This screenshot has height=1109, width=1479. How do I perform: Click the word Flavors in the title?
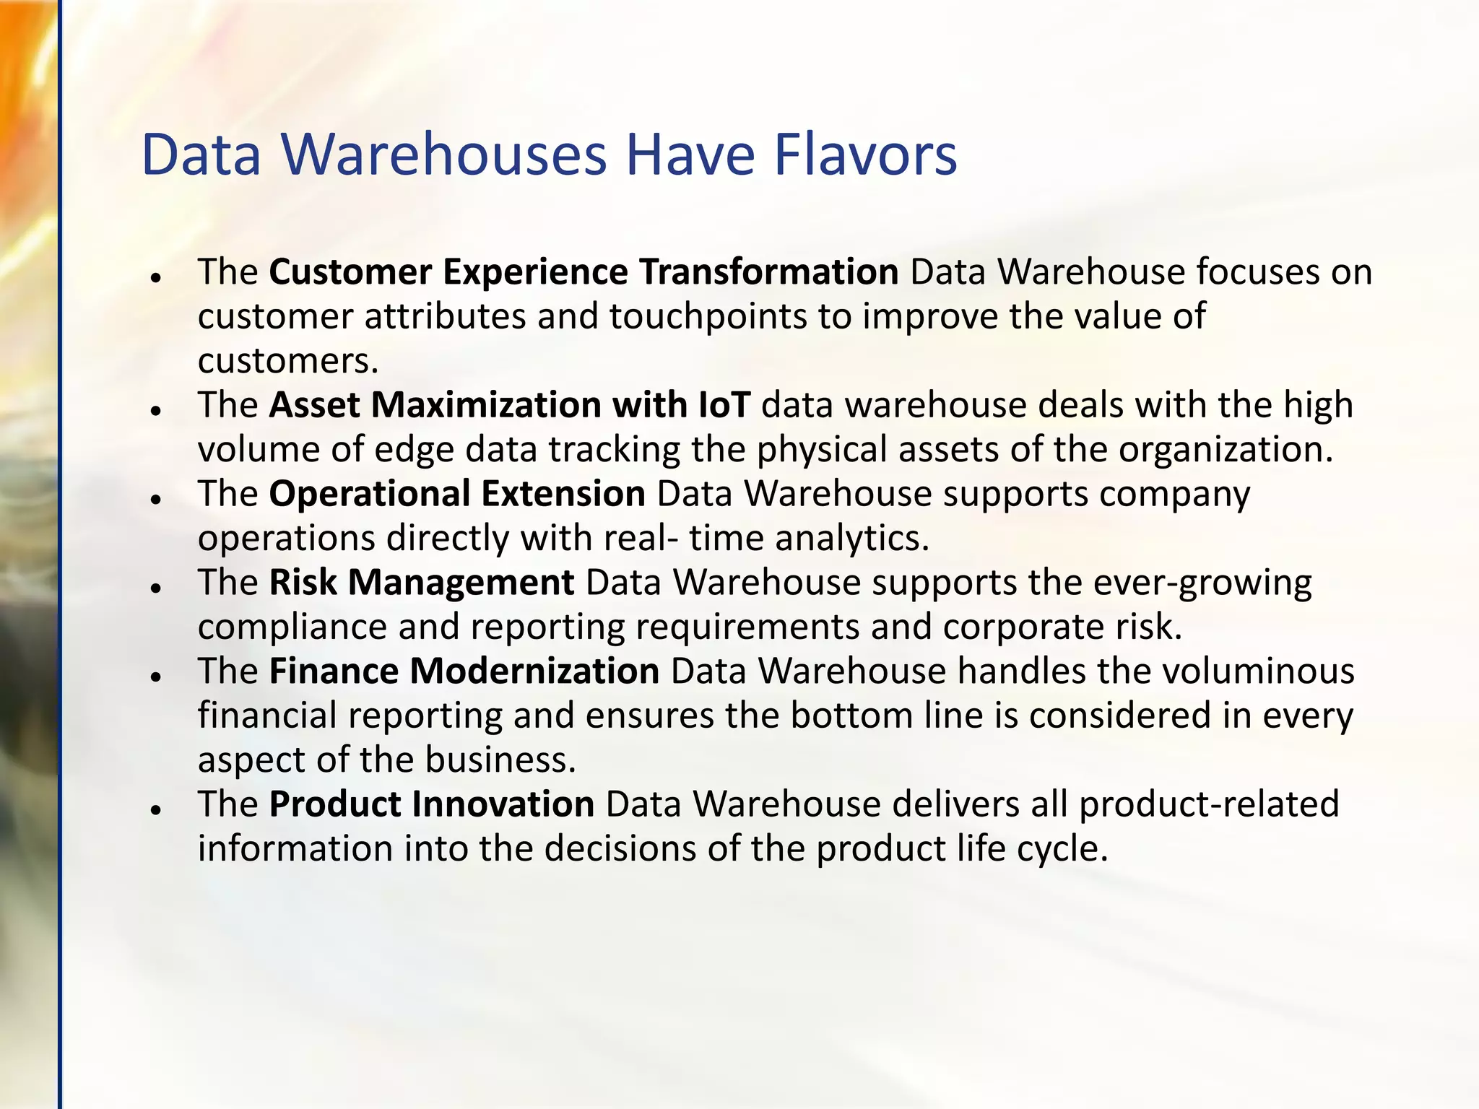pos(865,155)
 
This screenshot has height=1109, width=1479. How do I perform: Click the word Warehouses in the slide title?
pos(443,155)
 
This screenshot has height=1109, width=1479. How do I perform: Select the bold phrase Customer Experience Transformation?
pos(584,272)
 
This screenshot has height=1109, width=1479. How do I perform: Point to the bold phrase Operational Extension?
pos(457,494)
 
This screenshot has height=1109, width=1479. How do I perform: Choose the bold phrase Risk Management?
pos(422,583)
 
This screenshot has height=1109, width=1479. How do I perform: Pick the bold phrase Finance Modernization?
pos(464,671)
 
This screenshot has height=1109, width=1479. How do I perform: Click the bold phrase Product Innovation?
pos(432,804)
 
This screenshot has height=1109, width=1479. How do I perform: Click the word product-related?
pos(1209,804)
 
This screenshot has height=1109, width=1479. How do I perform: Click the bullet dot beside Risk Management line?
pos(155,588)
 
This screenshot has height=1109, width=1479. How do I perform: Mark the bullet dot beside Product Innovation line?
pos(155,809)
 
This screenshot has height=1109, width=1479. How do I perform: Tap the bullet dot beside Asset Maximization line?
pos(155,410)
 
